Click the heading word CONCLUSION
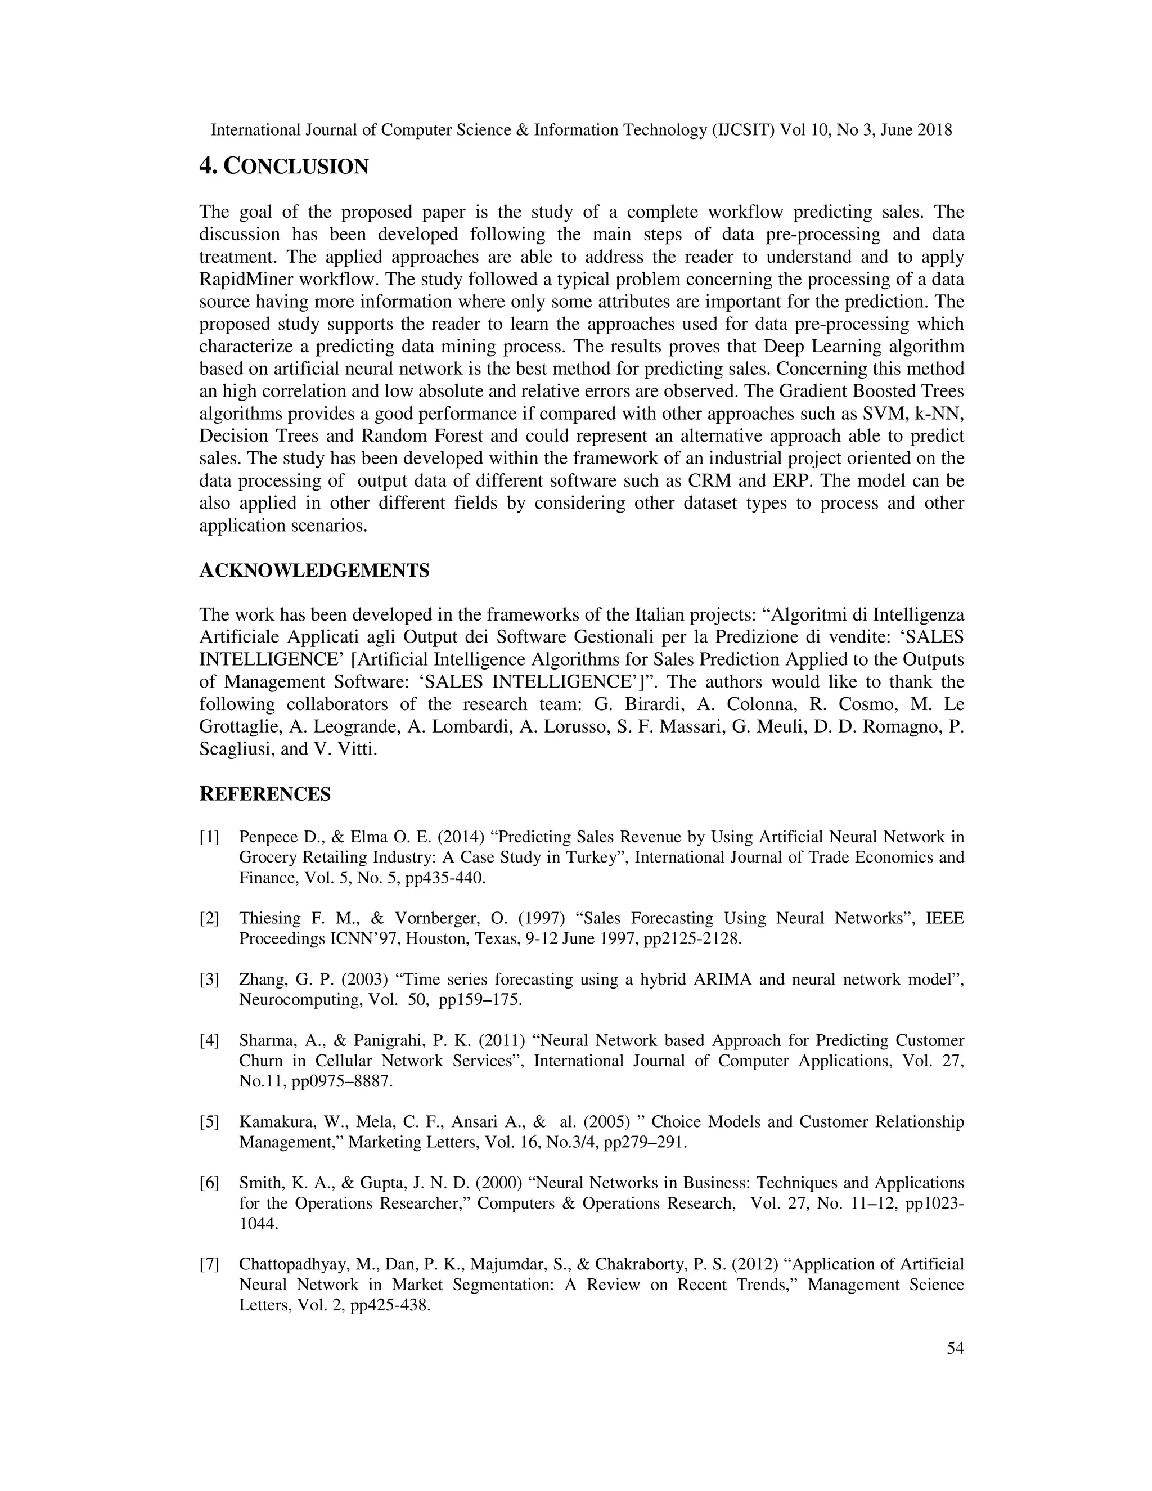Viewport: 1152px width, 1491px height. (296, 167)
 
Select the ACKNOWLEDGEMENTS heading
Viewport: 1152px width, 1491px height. (314, 571)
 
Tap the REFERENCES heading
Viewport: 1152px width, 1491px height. (265, 794)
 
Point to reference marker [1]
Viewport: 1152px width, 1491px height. (209, 838)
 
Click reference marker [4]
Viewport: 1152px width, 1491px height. (209, 1041)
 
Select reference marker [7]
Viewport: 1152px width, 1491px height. (209, 1264)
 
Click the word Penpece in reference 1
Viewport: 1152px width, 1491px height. (267, 838)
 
